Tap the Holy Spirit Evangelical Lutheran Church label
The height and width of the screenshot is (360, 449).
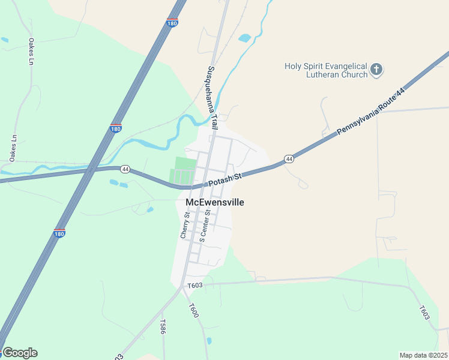point(327,71)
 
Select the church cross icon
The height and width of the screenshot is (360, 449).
point(376,70)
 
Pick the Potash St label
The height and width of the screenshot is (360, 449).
point(224,179)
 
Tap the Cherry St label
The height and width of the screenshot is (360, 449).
point(185,225)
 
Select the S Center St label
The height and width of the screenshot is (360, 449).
point(205,226)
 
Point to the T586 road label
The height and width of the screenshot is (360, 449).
point(163,326)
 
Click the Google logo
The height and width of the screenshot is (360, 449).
point(20,353)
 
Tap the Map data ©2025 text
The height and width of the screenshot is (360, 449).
point(423,355)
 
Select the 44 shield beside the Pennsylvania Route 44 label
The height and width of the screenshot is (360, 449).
point(289,159)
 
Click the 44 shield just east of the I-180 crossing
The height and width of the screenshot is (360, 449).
point(125,169)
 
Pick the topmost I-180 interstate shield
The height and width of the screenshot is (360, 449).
point(172,23)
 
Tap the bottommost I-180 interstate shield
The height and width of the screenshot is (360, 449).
point(59,233)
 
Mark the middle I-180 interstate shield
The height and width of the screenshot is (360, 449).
point(116,128)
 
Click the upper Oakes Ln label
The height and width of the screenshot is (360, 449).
point(31,52)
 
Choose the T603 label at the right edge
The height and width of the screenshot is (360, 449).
point(424,312)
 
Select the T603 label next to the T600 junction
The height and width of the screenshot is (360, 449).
point(194,286)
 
